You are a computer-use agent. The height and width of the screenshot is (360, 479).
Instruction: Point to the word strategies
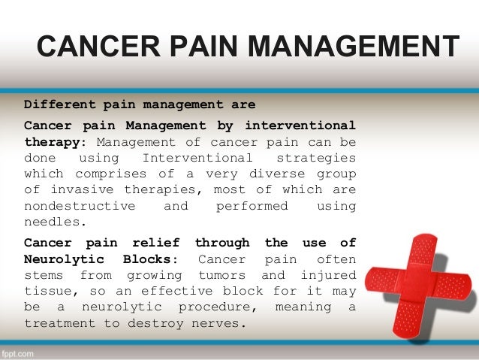(x=316, y=158)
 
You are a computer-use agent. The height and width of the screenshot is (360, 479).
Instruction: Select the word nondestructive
(x=80, y=206)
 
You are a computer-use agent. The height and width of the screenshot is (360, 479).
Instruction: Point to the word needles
(x=53, y=222)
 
